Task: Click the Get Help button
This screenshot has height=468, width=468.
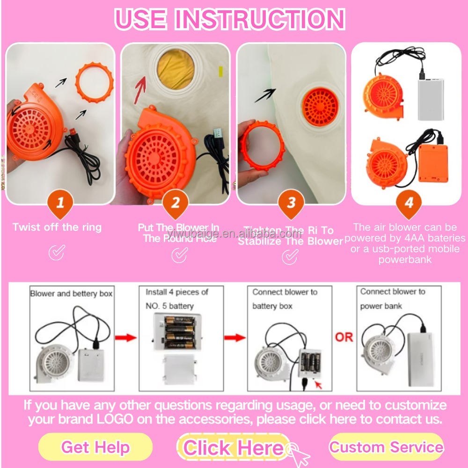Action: [x=95, y=447]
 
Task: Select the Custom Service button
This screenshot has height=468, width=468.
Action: [x=386, y=446]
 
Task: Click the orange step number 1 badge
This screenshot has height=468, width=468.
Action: [x=59, y=204]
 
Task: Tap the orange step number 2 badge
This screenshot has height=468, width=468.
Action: [x=175, y=204]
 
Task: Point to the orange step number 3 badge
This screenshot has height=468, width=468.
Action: [x=291, y=204]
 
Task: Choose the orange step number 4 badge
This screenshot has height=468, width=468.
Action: [x=409, y=205]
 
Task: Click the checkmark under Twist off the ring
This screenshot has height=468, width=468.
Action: [x=57, y=253]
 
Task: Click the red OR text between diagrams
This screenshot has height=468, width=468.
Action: [x=344, y=337]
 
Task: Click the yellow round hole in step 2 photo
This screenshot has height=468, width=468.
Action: [x=175, y=70]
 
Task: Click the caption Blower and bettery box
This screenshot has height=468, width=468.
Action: [x=71, y=294]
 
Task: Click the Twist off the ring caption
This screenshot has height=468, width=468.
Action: [x=57, y=227]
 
